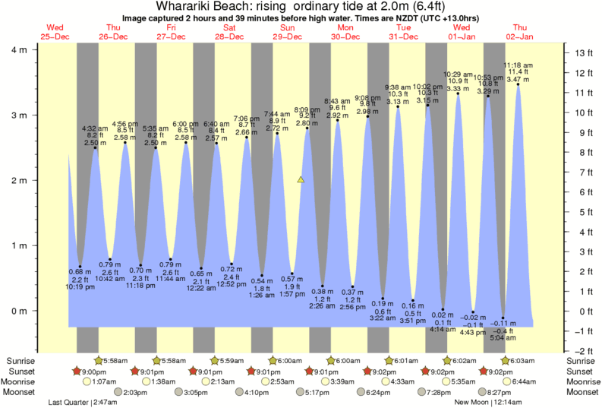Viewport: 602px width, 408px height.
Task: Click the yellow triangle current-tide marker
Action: pos(301,180)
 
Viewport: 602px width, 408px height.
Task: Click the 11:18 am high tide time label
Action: pos(518,65)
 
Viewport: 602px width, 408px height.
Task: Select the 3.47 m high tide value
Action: pos(518,79)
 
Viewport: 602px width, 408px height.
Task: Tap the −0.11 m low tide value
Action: pos(503,323)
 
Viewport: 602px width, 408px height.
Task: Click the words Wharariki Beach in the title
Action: pos(199,7)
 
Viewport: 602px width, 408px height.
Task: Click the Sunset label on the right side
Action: pos(580,372)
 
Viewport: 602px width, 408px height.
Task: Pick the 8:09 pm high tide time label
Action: pos(307,109)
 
